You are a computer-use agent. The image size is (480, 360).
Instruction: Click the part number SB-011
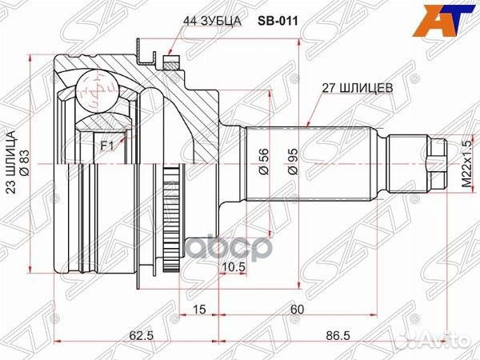278,21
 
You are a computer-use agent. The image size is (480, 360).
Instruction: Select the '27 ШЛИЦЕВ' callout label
358,88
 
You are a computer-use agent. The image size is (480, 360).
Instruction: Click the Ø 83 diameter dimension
25,162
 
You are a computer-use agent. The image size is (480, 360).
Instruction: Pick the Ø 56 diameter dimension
263,162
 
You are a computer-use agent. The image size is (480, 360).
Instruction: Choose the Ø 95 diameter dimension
293,162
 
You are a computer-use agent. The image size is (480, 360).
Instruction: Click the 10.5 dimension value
234,267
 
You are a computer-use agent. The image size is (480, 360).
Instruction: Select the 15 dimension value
199,309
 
